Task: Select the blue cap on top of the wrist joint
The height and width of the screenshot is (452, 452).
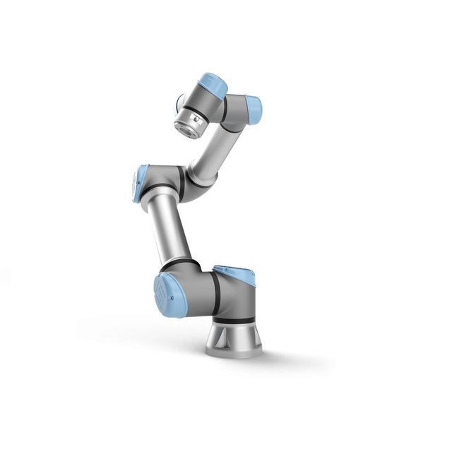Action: (213, 86)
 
